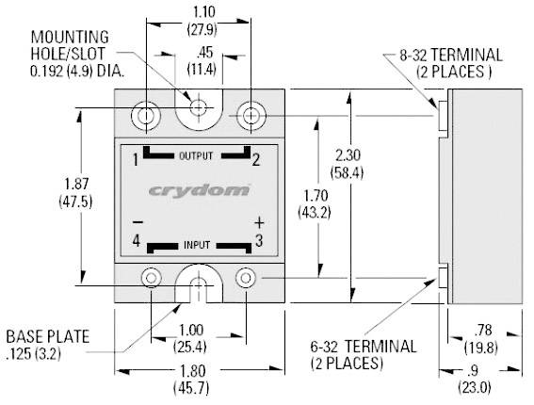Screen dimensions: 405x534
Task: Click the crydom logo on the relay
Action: click(199, 190)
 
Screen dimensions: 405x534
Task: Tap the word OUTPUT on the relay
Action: click(196, 155)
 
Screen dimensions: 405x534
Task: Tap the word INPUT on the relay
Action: click(197, 244)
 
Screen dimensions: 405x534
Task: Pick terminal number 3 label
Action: click(258, 242)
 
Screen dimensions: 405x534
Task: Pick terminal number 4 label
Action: click(136, 242)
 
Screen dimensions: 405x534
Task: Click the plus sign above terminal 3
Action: click(259, 223)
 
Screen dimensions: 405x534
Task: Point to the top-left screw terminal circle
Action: click(147, 115)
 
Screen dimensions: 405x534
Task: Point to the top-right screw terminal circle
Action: click(251, 115)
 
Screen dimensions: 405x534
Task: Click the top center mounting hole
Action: click(199, 109)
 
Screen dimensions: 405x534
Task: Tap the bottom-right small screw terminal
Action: click(246, 278)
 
